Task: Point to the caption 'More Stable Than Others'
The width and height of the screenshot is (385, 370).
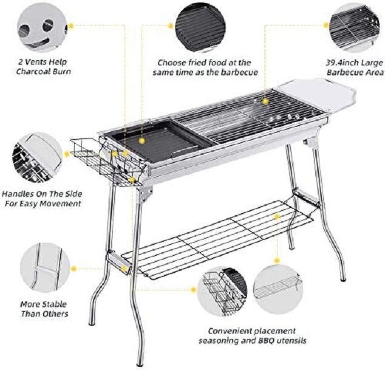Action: click(44, 308)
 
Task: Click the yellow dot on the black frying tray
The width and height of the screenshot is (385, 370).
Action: click(141, 140)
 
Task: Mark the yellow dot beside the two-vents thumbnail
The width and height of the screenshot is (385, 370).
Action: click(71, 26)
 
